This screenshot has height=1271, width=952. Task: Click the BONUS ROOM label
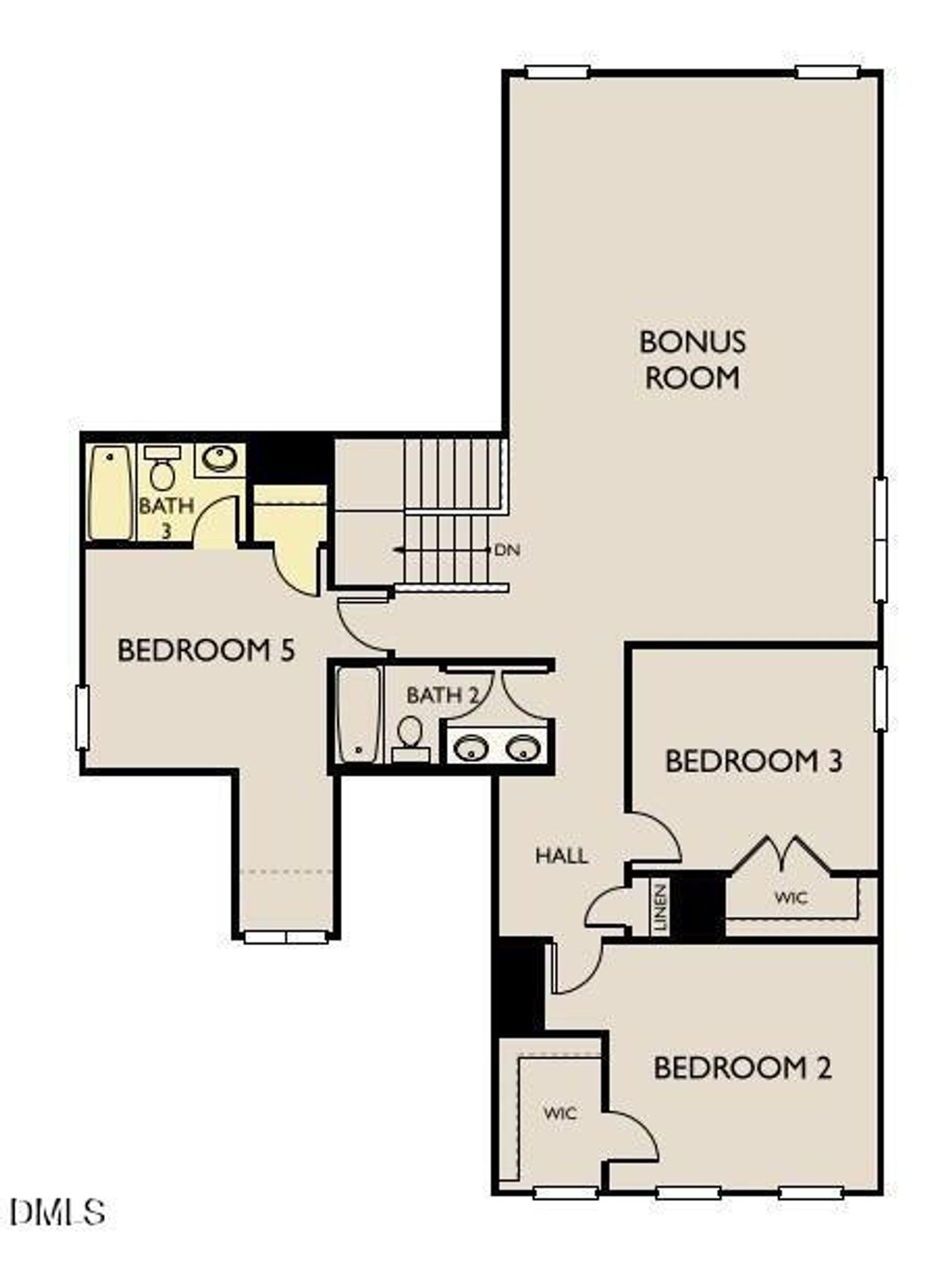point(692,359)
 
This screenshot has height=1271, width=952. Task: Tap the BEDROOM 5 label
point(206,650)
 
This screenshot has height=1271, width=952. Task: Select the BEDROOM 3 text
point(753,761)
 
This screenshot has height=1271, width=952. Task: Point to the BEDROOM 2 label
point(742,1068)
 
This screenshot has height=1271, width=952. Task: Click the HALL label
point(562,856)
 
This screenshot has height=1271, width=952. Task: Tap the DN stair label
point(507,551)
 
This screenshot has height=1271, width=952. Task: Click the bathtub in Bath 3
point(110,492)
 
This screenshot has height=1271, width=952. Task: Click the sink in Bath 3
point(219,458)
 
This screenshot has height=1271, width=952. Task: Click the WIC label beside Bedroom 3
point(790,897)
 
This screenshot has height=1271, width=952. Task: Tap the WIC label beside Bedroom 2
point(560,1113)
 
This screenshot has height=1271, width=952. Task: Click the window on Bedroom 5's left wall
point(82,717)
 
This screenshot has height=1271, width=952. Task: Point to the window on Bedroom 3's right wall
point(880,698)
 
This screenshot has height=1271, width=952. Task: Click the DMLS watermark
point(58,1212)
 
